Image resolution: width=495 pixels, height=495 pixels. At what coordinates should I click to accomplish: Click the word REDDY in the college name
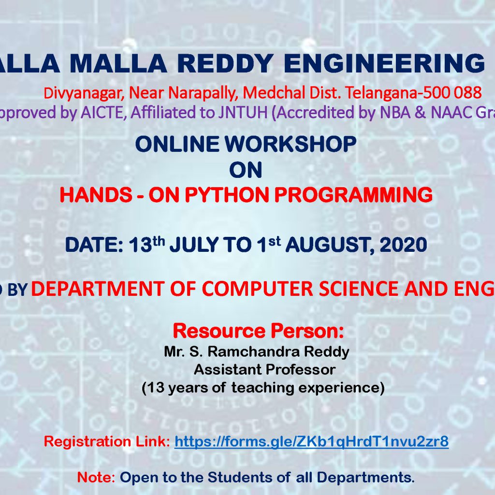[x=225, y=63]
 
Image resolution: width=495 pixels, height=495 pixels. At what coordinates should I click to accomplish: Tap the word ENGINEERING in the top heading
[x=384, y=63]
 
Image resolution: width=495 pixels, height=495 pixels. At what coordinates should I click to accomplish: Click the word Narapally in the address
[x=203, y=93]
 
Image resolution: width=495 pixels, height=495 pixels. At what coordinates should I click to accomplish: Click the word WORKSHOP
[x=291, y=144]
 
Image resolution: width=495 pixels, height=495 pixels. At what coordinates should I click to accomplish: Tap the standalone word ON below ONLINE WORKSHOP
[x=246, y=170]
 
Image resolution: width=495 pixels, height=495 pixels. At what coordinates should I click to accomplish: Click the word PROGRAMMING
[x=353, y=195]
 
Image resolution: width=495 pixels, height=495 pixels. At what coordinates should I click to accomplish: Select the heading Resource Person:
[x=258, y=331]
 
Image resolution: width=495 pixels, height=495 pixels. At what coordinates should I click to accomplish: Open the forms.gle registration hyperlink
[x=311, y=441]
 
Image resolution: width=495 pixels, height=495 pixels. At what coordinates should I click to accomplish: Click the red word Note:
[x=96, y=477]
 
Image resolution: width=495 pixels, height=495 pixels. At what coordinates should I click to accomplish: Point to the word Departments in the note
[x=365, y=478]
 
